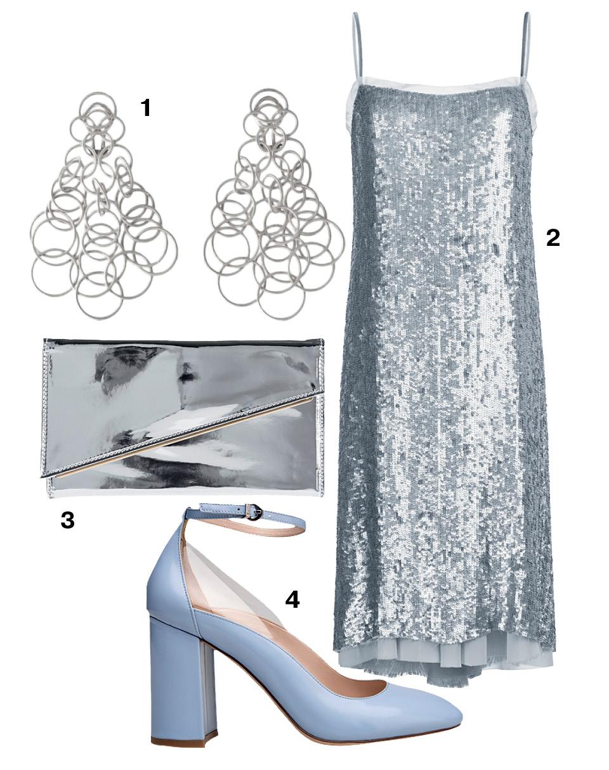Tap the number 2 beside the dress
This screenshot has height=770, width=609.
553,238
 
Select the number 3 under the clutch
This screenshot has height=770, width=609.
68,520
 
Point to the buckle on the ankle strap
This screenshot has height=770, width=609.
254,512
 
